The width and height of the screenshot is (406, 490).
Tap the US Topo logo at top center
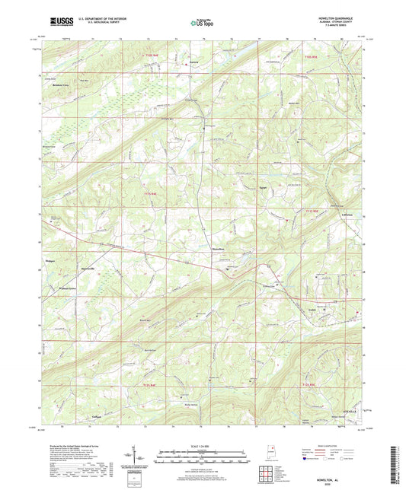[x=202, y=23]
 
